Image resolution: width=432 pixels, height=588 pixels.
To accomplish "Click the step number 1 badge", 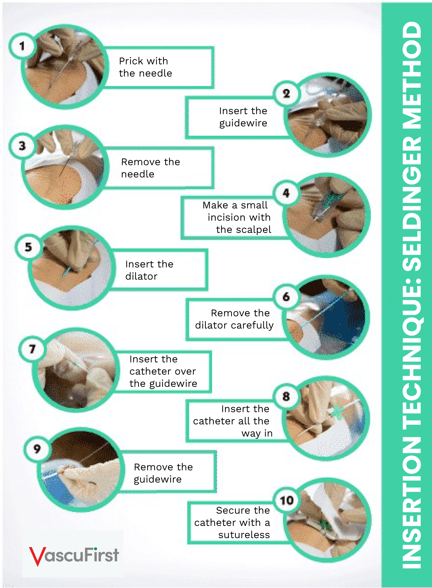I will coord(22,46).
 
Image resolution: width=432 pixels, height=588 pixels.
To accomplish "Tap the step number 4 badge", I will coord(286,193).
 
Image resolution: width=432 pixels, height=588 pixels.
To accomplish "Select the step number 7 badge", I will coord(32,349).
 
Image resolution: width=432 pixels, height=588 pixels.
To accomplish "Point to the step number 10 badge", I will coord(287,500).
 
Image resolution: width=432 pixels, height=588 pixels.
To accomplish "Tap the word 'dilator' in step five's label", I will coord(141,276).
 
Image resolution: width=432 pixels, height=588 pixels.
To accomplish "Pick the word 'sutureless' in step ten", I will coord(244,535).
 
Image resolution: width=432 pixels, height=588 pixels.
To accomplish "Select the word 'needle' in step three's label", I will coord(138,174).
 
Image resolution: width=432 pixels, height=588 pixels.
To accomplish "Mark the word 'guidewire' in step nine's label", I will coord(158,479).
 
